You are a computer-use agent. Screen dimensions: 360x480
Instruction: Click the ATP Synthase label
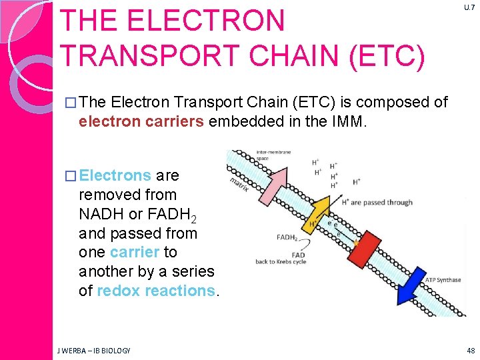443,280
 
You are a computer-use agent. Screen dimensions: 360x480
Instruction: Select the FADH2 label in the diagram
287,237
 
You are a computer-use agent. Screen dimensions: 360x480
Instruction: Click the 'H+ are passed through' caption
377,202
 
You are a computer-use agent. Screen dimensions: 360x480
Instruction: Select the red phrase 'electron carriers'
141,122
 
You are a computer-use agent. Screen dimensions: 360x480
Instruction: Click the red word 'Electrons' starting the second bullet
115,175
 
